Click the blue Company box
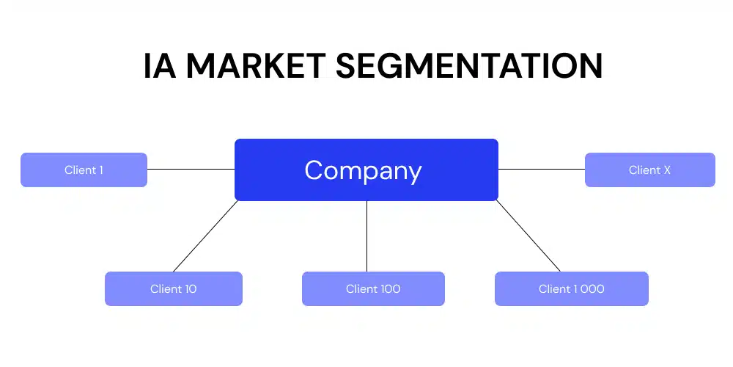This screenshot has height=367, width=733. pos(366,170)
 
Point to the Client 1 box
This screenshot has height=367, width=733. pos(84,170)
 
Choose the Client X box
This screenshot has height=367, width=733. pos(649,170)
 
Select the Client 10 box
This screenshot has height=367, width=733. pos(173,288)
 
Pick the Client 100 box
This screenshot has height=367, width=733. pos(373,288)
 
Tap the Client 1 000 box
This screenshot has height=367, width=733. pos(571,288)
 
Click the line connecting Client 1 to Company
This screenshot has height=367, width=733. pos(191,169)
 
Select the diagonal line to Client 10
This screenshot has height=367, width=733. pos(205,236)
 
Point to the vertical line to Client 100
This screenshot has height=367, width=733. pos(366,236)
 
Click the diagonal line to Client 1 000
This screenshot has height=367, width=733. pos(528,236)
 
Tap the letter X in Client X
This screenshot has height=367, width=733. pos(666,170)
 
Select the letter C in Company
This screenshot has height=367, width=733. pos(313,170)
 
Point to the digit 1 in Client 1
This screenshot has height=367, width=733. pos(100,170)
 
